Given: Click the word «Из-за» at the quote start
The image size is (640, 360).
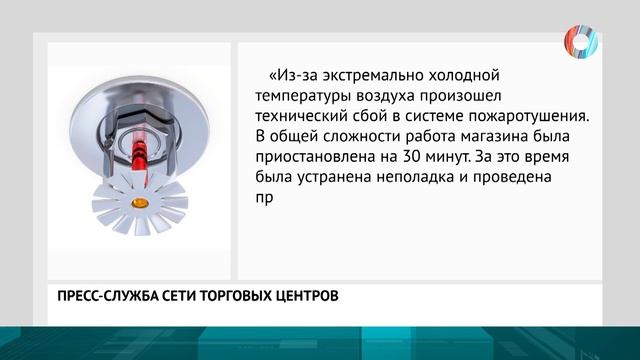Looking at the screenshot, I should tap(291, 76).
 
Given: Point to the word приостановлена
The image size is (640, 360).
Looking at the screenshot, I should tap(318, 156).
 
